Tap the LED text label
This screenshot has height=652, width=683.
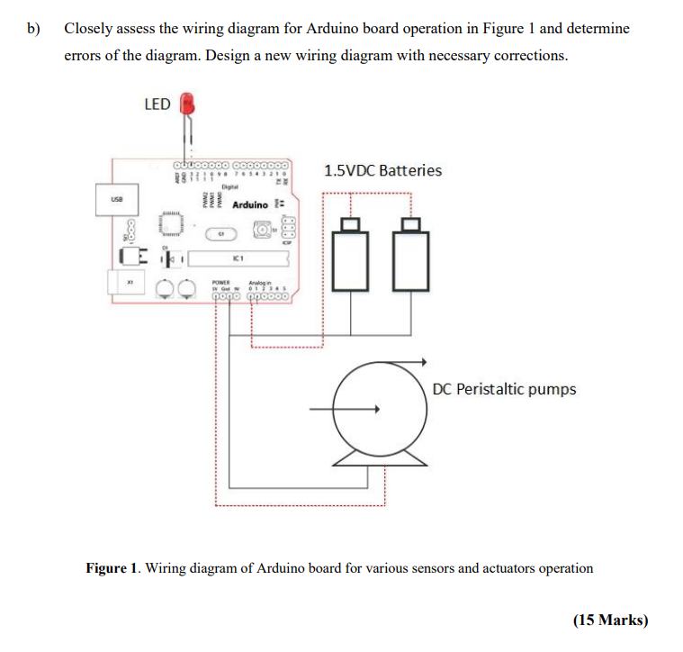[157, 104]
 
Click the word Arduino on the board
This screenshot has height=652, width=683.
[249, 205]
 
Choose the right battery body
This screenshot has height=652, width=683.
[411, 261]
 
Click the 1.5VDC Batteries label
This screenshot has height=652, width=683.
[382, 170]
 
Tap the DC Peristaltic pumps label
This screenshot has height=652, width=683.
[504, 389]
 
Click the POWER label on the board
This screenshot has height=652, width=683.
[221, 282]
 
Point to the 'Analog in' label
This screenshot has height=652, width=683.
[263, 282]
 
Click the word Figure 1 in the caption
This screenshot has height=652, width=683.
[113, 568]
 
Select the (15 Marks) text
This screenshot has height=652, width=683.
[609, 620]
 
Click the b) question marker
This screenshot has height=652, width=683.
[33, 29]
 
